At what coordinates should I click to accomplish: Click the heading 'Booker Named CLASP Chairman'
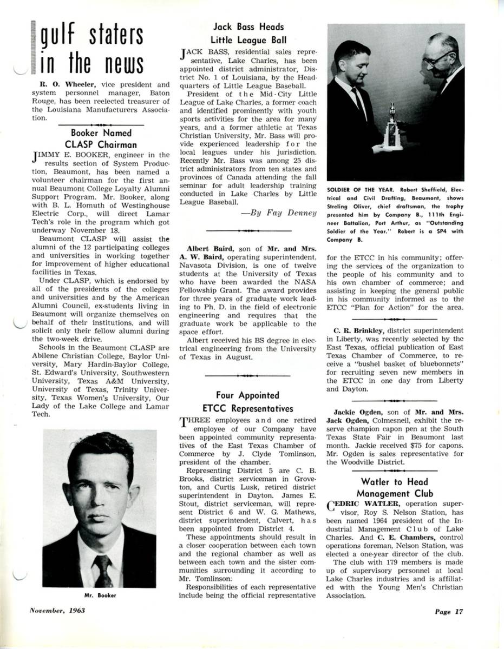101,138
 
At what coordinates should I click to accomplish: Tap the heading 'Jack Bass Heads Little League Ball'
248,33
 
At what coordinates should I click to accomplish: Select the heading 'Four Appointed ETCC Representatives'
248,402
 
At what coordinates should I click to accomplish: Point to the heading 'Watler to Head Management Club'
394,488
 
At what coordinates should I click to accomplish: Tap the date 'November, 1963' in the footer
57,611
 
